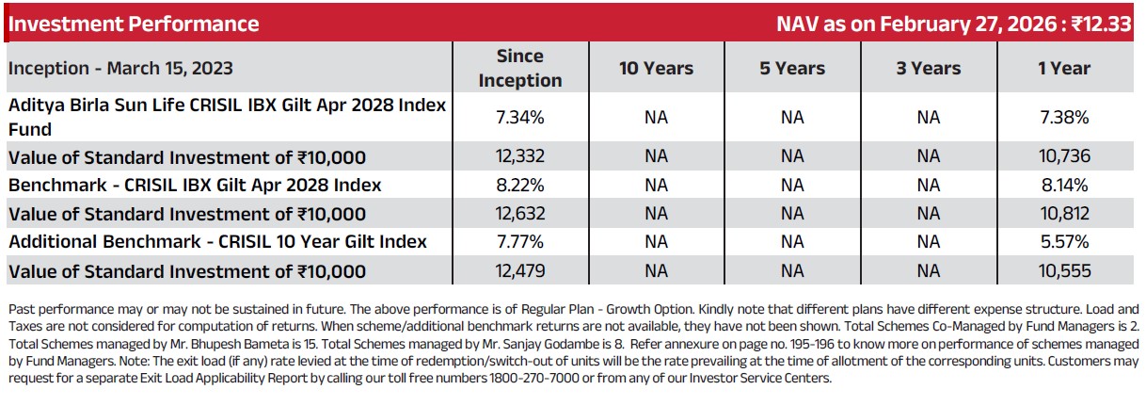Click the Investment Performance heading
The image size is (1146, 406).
pyautogui.click(x=134, y=24)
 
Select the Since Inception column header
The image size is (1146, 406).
pyautogui.click(x=520, y=68)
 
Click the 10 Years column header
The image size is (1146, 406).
pyautogui.click(x=656, y=68)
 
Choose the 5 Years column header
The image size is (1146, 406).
pyautogui.click(x=792, y=68)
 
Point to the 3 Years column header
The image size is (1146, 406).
pyautogui.click(x=929, y=68)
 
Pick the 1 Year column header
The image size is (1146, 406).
pyautogui.click(x=1064, y=68)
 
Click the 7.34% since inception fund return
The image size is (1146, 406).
pyautogui.click(x=520, y=117)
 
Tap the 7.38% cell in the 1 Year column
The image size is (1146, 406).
pyautogui.click(x=1064, y=117)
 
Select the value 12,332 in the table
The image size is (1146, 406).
pyautogui.click(x=520, y=156)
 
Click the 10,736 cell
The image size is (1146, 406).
pyautogui.click(x=1064, y=156)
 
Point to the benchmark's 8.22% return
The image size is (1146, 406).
pyautogui.click(x=520, y=185)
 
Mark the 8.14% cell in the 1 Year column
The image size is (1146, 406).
pyautogui.click(x=1064, y=185)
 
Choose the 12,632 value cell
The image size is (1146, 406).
pyautogui.click(x=520, y=214)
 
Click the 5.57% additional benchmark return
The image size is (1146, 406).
pyautogui.click(x=1064, y=242)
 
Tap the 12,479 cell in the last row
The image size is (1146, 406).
pyautogui.click(x=520, y=271)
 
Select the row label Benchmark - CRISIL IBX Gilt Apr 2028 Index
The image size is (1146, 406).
pyautogui.click(x=195, y=185)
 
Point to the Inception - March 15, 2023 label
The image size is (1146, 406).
pyautogui.click(x=120, y=68)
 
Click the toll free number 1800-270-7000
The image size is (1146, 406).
pyautogui.click(x=534, y=379)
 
